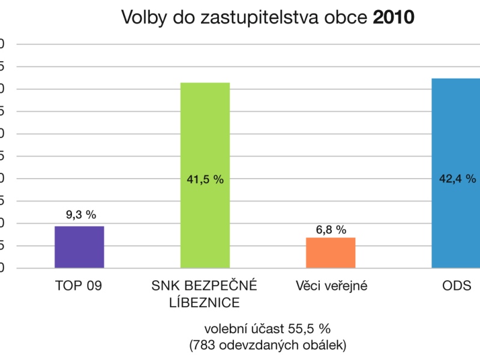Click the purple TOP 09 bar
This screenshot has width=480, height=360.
click(79, 247)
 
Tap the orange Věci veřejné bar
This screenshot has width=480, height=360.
click(331, 253)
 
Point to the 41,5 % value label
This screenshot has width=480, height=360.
click(205, 179)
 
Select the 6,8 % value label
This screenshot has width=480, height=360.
click(331, 229)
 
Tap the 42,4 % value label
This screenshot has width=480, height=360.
click(457, 178)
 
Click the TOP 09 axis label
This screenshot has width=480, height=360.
click(79, 286)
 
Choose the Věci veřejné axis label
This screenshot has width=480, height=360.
click(331, 286)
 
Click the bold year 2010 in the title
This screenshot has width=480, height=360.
click(394, 17)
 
